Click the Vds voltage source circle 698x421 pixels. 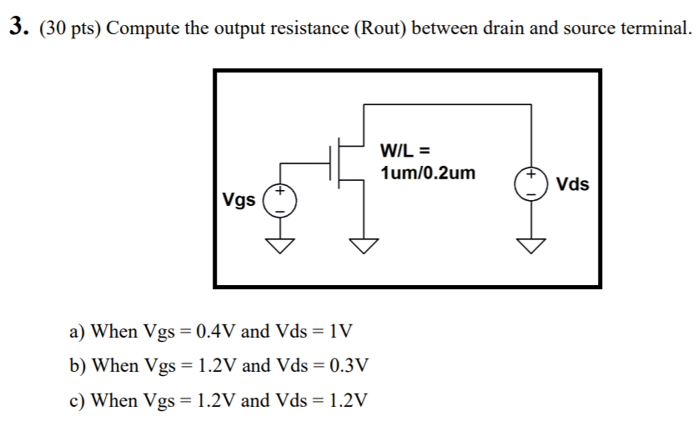tap(530, 183)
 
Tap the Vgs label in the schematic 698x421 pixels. tap(239, 200)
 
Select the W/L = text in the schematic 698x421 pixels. tap(404, 151)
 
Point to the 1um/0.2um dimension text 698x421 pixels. tap(427, 173)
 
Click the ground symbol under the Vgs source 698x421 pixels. tap(281, 244)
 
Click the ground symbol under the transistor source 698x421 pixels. tap(363, 244)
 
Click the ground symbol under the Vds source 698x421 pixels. tap(530, 244)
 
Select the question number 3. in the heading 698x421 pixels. tap(19, 28)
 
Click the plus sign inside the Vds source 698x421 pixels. tap(530, 176)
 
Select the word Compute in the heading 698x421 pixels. tap(143, 28)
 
